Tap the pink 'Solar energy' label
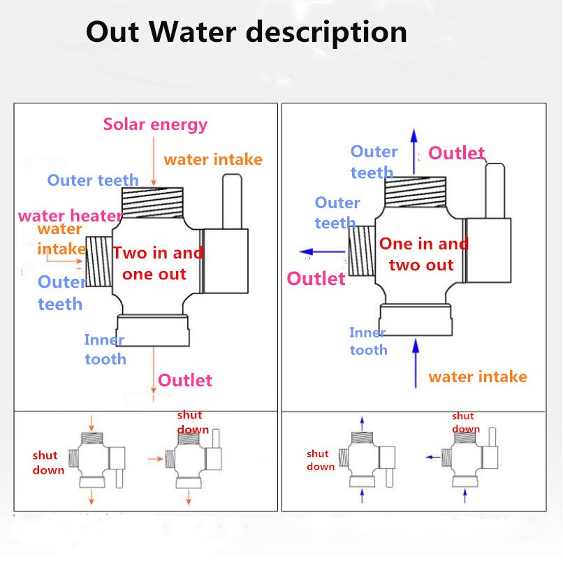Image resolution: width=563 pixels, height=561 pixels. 155,124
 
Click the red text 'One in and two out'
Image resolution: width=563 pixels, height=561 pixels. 423,254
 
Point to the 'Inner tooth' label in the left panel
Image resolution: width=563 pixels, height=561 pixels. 105,349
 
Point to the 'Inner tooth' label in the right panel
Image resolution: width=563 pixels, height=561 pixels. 368,342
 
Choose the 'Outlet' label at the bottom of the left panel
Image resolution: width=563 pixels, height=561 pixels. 184,380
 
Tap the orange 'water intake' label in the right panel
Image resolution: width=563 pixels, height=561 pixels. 478,377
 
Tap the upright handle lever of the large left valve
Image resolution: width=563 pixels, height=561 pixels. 231,201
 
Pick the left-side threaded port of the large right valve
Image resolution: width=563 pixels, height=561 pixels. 360,254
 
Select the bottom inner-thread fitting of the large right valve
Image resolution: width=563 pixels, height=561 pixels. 414,319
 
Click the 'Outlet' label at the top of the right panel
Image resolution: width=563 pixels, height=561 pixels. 456,153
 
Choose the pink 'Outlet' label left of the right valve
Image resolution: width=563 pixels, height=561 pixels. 316,279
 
